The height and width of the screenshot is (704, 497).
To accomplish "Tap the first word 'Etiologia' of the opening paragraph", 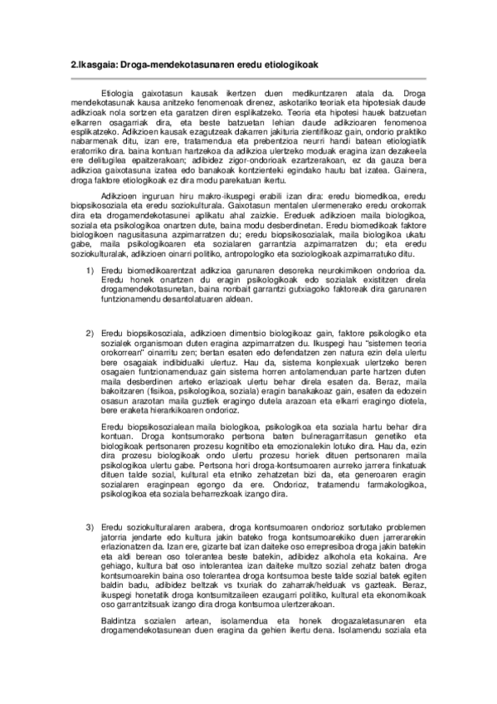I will (117, 94).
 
